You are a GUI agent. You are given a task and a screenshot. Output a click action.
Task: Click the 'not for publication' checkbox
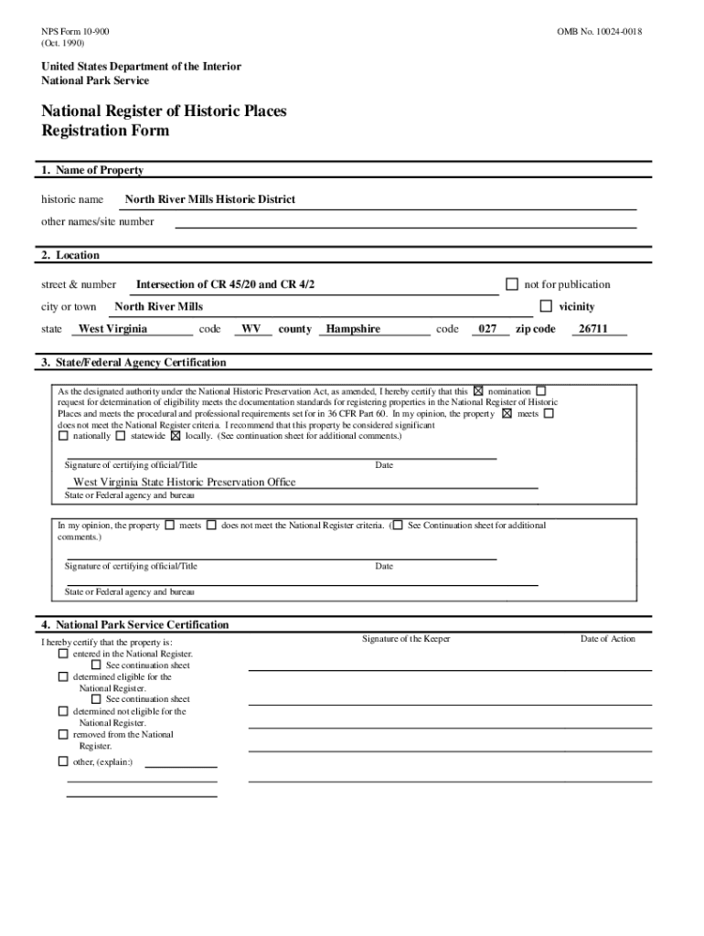point(512,284)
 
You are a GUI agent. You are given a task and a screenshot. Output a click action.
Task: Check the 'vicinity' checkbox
point(546,306)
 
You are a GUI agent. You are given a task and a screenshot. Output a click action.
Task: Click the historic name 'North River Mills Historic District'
point(209,199)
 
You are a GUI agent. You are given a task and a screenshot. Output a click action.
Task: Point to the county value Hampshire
point(353,329)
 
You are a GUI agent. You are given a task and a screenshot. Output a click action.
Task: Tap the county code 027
point(489,329)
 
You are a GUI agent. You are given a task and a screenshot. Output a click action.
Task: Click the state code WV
point(251,329)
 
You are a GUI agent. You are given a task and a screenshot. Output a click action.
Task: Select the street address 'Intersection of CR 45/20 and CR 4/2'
point(225,285)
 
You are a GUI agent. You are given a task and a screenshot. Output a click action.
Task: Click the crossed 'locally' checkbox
point(176,436)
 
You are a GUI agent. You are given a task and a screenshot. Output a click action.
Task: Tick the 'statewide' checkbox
point(122,436)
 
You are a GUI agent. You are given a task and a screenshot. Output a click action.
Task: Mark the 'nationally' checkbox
point(63,436)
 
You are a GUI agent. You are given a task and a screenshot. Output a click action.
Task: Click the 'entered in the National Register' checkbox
point(63,654)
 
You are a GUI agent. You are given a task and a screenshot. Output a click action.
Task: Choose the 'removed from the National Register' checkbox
point(63,735)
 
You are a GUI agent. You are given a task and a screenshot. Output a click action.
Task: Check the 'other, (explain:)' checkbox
point(63,761)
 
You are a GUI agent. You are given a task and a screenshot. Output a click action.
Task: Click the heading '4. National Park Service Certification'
point(134,625)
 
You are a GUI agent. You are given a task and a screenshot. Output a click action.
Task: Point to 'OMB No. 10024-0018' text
point(599,32)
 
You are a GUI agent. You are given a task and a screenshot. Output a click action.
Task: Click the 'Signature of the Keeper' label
point(405,639)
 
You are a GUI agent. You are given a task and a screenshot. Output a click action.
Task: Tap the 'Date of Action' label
point(607,639)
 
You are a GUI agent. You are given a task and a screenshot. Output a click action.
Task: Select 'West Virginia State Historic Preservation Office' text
point(184,482)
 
